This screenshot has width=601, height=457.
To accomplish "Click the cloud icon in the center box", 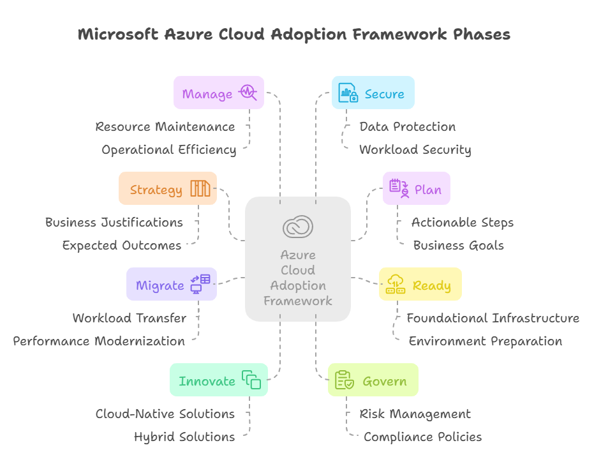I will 298,227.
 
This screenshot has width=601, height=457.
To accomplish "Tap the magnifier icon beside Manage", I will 247,93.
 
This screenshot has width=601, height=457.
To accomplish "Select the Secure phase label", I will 384,94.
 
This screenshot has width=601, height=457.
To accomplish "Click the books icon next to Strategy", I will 200,189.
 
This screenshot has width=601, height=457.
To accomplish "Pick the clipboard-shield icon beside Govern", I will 345,380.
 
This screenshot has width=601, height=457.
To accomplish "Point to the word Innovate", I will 207,381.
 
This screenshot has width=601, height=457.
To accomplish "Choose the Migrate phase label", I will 160,285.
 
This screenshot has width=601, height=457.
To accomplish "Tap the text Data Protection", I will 407,126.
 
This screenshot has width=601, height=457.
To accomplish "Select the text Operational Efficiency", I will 168,149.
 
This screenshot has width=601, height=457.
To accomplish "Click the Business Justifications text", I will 114,222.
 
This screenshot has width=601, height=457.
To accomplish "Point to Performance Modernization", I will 99,341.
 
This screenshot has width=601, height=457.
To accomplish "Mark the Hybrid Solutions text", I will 184,437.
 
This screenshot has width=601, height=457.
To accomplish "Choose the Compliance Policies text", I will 422,437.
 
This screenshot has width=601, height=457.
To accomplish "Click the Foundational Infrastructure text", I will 493,318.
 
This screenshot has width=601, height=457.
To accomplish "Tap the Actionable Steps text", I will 462,222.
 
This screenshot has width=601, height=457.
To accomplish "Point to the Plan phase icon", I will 399,188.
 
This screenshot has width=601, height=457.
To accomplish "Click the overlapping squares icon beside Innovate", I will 251,380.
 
